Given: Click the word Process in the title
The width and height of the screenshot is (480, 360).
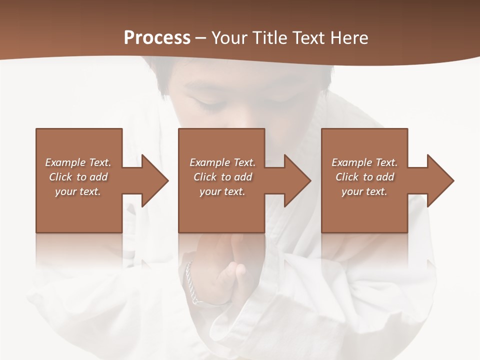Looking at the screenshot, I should (157, 38).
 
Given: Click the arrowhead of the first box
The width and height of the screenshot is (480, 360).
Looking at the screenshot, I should (153, 180).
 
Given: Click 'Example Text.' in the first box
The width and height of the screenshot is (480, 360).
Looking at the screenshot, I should (78, 162).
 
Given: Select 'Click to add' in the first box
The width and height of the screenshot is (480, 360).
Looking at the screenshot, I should (78, 177).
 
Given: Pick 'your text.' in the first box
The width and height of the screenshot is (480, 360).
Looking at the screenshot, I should (78, 191).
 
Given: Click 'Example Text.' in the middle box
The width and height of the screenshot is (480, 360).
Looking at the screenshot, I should (222, 162).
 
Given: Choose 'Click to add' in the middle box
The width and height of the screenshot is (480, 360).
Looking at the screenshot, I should (222, 177).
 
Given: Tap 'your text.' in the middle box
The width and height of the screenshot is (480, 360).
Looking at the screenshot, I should (222, 191).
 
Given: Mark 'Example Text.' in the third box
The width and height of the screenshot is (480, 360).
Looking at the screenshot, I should (364, 162).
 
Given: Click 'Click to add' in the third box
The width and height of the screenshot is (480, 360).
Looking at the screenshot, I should (364, 177).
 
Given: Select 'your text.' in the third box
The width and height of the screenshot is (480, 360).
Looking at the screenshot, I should (364, 191).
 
